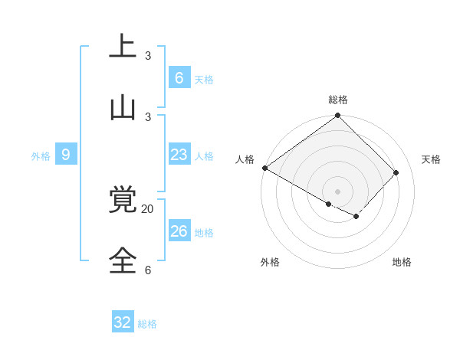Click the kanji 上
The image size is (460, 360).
tap(123, 45)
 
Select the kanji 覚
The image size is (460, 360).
tap(123, 200)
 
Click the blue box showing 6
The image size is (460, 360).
tap(179, 78)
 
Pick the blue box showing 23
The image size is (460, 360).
tap(179, 155)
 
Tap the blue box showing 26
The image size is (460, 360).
tap(179, 231)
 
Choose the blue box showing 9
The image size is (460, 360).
tap(66, 155)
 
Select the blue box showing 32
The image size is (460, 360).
tap(123, 322)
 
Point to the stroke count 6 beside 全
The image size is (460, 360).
tap(148, 270)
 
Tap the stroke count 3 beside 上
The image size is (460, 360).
tap(148, 55)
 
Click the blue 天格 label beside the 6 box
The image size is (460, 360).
tap(204, 80)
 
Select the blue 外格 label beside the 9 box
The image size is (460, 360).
tap(41, 156)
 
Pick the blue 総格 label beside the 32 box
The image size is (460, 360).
tap(147, 324)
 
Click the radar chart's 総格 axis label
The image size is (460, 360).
tap(338, 100)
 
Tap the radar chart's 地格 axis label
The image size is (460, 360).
tap(402, 262)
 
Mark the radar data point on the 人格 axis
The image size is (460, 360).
tap(264, 168)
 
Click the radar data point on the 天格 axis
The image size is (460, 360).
tap(396, 173)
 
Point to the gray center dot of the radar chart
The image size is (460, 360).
tap(337, 191)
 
